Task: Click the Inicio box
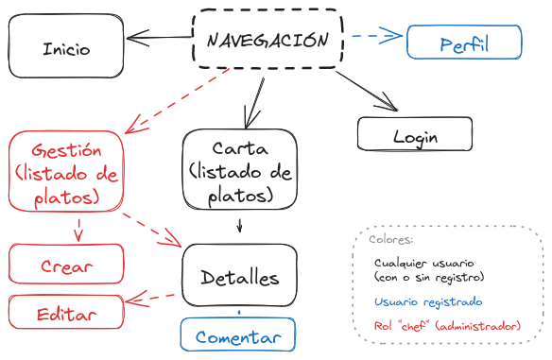tap(66, 48)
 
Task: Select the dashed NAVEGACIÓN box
tap(268, 40)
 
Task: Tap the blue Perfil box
tap(464, 43)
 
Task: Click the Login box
tap(415, 135)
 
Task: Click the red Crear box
tap(66, 266)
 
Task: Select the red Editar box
tap(66, 313)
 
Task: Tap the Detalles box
tap(239, 277)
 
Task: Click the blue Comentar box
tap(238, 336)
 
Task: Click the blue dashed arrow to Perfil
tap(375, 38)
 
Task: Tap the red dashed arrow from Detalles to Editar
tap(152, 300)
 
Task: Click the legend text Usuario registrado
tap(428, 302)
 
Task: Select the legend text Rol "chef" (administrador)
tap(446, 326)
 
